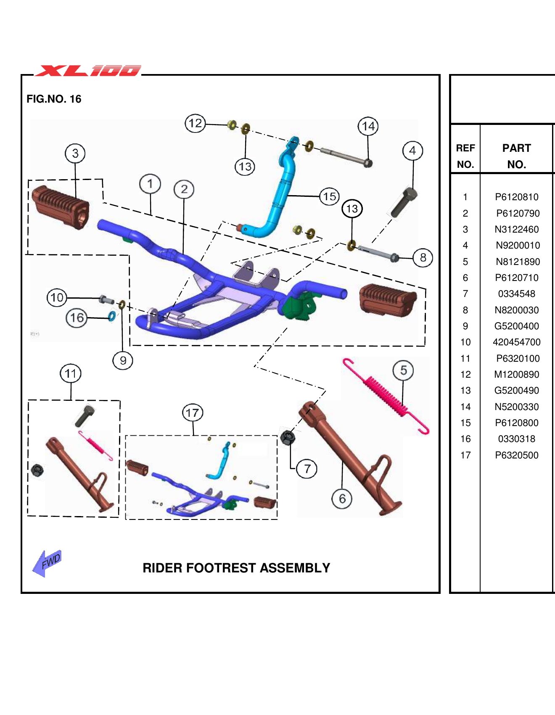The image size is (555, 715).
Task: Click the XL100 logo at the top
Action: click(88, 70)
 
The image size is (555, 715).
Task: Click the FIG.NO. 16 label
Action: click(54, 99)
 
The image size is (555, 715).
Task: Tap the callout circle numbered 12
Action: click(195, 123)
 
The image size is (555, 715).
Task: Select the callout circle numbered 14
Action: click(368, 126)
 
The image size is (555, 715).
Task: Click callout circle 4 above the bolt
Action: click(412, 151)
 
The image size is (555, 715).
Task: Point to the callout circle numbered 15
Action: click(329, 196)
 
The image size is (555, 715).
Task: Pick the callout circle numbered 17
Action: click(193, 413)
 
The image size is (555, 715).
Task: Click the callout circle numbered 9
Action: click(123, 360)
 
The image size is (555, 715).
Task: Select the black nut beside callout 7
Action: click(287, 438)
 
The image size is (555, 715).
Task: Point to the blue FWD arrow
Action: click(47, 563)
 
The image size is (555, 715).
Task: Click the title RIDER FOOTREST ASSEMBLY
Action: click(236, 568)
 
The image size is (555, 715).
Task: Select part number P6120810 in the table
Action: click(516, 197)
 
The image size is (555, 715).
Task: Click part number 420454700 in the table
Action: click(516, 342)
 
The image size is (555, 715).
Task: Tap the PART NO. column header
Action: click(516, 156)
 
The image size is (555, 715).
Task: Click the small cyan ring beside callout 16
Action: click(112, 316)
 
